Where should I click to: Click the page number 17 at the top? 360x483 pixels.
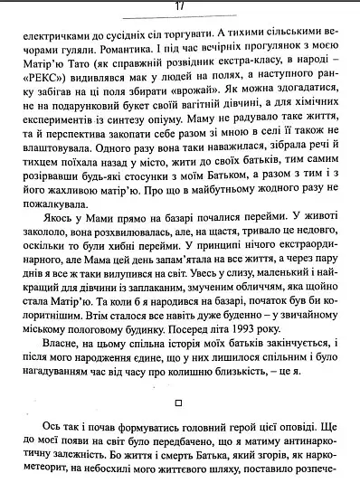click(180, 6)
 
